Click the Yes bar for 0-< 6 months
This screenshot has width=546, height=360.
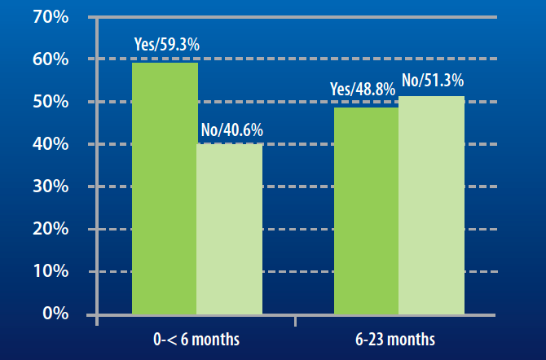point(165,188)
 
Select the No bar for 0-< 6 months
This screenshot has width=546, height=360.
point(230,229)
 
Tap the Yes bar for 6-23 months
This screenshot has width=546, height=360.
point(367,210)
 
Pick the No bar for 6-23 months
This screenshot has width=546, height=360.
point(430,204)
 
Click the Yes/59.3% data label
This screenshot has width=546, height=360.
point(166,45)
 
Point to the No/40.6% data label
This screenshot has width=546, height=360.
point(232,130)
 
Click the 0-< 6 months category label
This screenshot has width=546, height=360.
point(197,338)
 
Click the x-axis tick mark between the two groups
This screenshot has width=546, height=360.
point(296,320)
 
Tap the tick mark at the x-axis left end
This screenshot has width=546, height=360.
point(96,320)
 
